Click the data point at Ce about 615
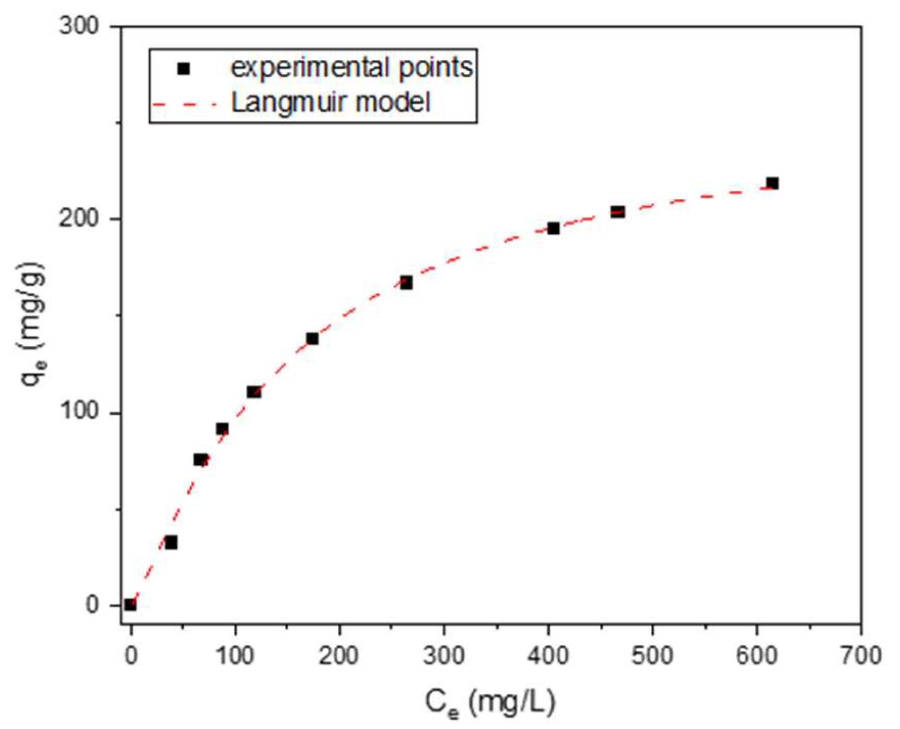tap(772, 183)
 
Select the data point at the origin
tap(130, 604)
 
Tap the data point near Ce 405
tap(553, 228)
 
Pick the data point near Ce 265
tap(406, 283)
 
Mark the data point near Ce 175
tap(312, 339)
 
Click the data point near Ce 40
tap(171, 543)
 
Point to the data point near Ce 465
tap(617, 211)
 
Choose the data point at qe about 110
tap(254, 391)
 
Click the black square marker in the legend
tap(183, 69)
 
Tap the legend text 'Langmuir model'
tap(331, 102)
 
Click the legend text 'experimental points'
tap(351, 68)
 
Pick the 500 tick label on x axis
tap(652, 656)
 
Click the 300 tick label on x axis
tap(444, 656)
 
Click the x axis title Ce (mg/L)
tap(489, 703)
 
